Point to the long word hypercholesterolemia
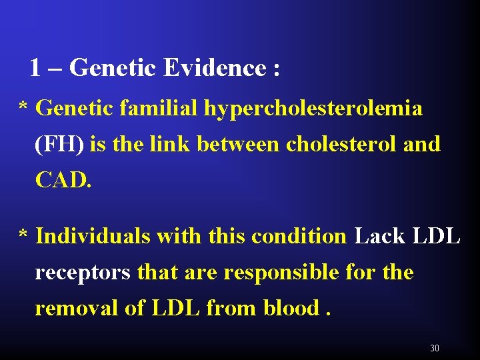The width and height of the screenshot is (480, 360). point(313,108)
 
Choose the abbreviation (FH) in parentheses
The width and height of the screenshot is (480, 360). point(60,144)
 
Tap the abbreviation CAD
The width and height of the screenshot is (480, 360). point(63,180)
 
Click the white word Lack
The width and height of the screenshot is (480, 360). point(379,237)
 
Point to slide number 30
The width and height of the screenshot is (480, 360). point(435,348)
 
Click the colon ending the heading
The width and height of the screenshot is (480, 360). point(276,69)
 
